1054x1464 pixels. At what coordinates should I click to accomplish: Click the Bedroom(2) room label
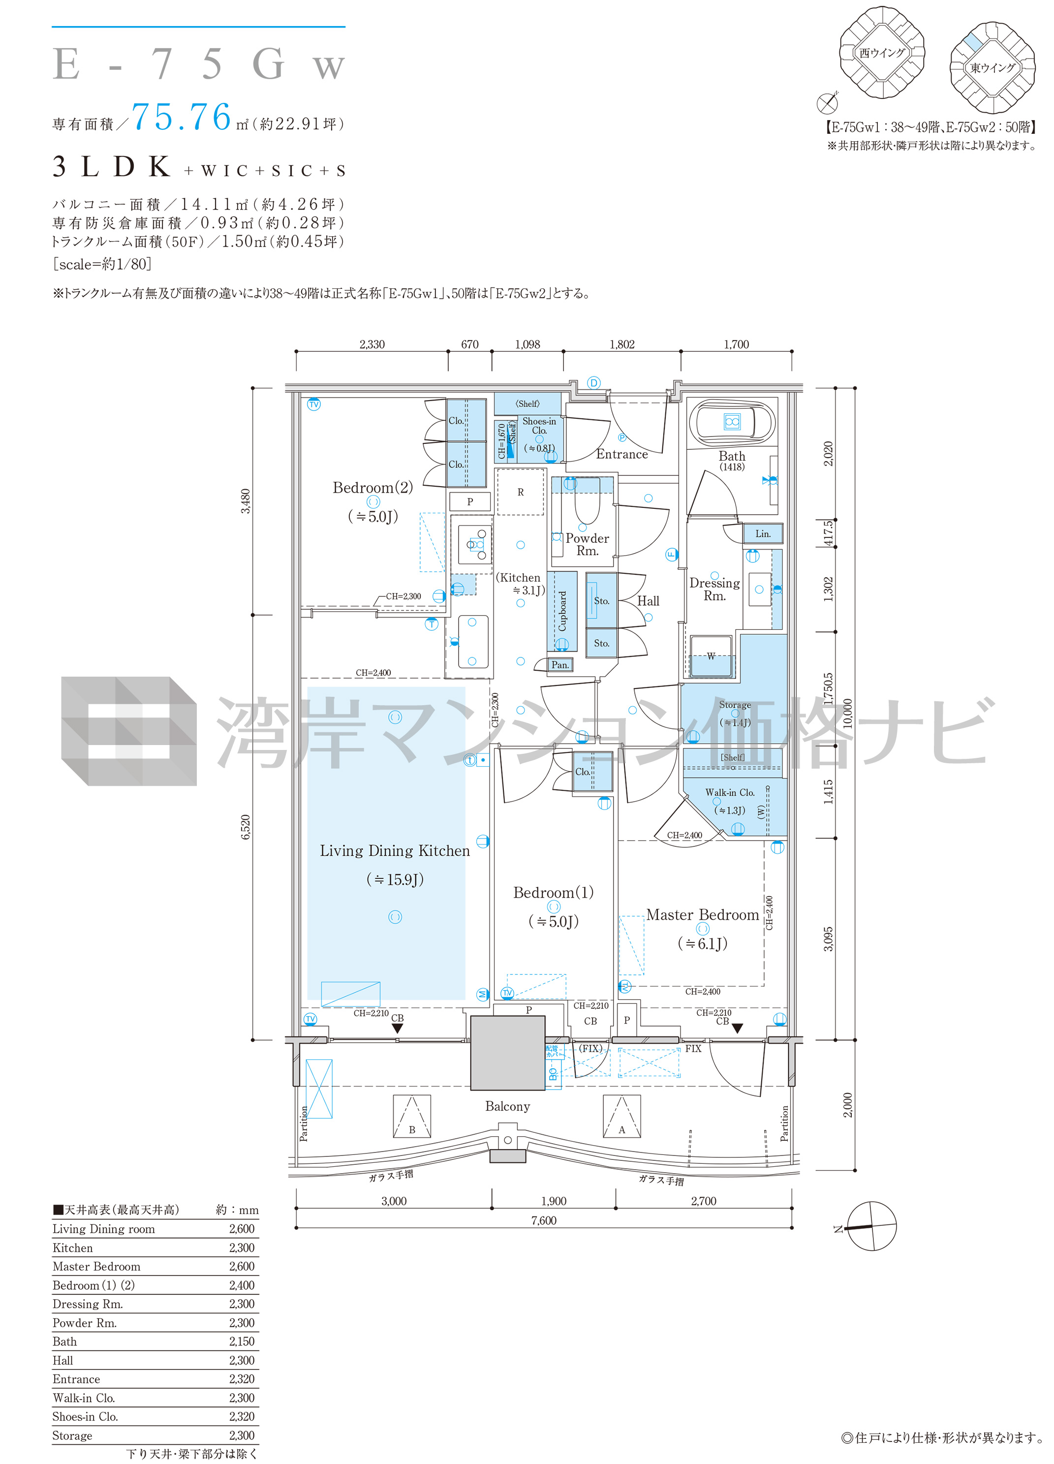[372, 488]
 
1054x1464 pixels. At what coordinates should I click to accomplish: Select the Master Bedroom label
[702, 915]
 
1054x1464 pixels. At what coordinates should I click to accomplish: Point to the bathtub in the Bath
[731, 422]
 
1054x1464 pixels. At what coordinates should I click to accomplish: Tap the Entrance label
[621, 454]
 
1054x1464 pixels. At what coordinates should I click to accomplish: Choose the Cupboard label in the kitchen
[562, 611]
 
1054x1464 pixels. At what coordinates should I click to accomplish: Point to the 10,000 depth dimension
[847, 713]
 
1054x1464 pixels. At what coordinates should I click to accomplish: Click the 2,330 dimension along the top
[372, 344]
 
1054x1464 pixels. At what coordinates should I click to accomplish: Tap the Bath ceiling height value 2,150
[242, 1340]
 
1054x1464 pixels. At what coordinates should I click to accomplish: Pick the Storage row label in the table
[72, 1435]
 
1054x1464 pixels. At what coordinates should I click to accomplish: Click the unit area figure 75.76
[182, 117]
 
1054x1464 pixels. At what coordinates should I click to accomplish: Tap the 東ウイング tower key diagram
[992, 67]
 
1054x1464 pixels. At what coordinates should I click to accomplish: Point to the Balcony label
[507, 1106]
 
